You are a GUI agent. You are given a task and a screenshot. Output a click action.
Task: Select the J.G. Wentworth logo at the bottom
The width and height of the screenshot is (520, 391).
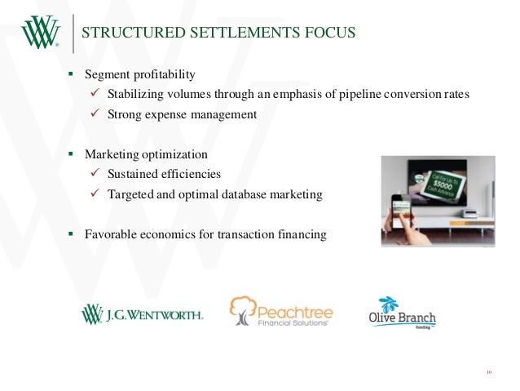pyautogui.click(x=143, y=314)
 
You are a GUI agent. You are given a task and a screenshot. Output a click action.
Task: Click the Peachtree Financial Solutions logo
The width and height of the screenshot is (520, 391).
pyautogui.click(x=280, y=311)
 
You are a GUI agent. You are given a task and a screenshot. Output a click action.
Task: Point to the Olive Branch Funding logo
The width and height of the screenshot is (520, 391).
pyautogui.click(x=402, y=311)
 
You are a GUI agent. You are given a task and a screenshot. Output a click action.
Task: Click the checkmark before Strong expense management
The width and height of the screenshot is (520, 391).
pyautogui.click(x=94, y=114)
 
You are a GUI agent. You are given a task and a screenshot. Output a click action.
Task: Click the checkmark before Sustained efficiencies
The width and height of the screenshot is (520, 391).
pyautogui.click(x=94, y=174)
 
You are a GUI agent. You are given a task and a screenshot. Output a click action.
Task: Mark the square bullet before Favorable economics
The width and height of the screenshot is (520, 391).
pyautogui.click(x=71, y=233)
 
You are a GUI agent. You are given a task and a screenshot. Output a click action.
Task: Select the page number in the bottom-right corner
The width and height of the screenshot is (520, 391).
pyautogui.click(x=490, y=373)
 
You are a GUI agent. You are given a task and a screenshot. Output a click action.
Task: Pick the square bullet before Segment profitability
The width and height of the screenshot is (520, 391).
pyautogui.click(x=71, y=73)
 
